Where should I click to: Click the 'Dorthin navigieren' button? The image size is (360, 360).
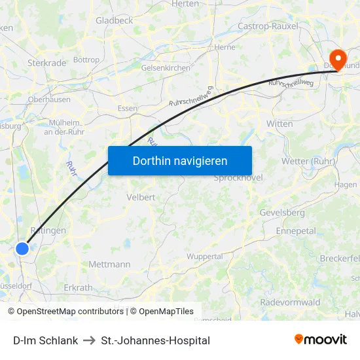(179, 160)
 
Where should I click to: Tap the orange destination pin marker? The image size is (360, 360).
(338, 59)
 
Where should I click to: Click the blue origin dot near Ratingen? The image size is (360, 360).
(22, 248)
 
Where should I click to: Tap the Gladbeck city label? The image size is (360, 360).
(114, 20)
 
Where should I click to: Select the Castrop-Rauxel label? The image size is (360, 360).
(268, 26)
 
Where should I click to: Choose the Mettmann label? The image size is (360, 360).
(109, 264)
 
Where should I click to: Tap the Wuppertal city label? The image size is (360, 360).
(205, 257)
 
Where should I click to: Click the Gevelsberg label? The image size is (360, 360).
(282, 213)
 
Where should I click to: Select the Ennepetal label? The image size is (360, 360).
(296, 231)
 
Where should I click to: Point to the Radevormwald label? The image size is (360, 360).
(290, 302)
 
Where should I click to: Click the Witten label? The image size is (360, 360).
(279, 123)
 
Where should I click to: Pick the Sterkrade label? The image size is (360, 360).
(46, 63)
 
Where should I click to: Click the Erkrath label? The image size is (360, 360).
(78, 287)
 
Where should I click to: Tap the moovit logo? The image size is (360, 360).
(321, 340)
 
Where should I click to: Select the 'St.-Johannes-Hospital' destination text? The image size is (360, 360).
(156, 340)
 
